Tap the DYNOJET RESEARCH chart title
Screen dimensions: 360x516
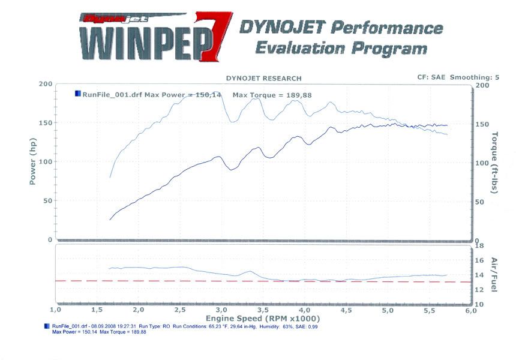pyautogui.click(x=263, y=78)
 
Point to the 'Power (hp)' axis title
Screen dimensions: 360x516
pyautogui.click(x=34, y=162)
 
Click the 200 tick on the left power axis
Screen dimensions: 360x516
pyautogui.click(x=45, y=84)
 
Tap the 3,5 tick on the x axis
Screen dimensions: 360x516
pyautogui.click(x=262, y=310)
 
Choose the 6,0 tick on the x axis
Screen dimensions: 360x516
pyautogui.click(x=470, y=310)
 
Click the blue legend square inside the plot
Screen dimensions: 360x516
pyautogui.click(x=77, y=94)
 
